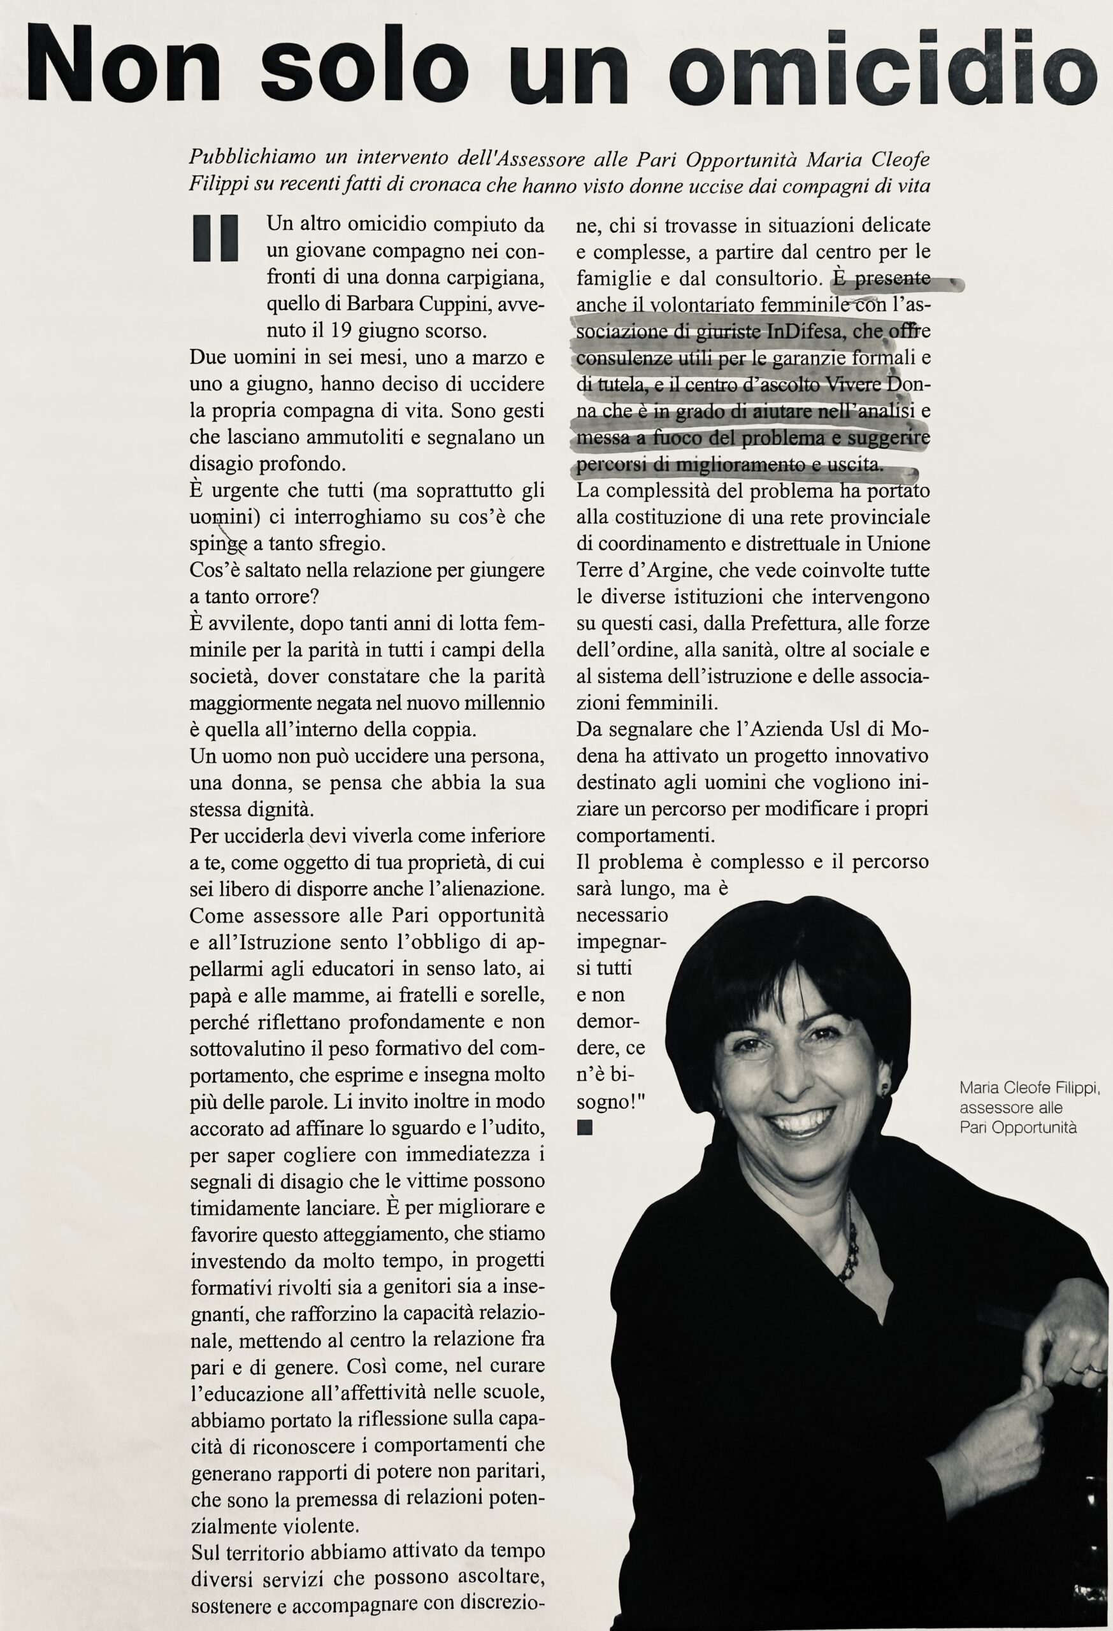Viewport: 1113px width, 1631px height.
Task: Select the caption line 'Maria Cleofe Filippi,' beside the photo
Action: tap(1029, 1089)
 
